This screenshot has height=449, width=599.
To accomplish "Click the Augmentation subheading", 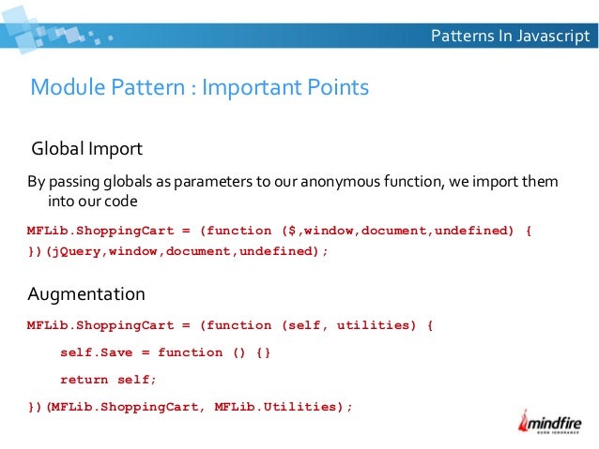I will pos(86,294).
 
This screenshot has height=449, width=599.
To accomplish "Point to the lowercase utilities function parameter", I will pos(368,326).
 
